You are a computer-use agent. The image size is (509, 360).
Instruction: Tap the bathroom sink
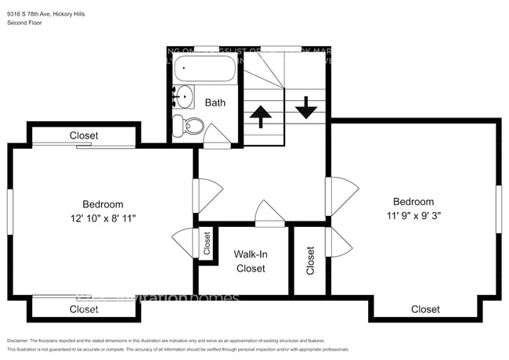(184, 98)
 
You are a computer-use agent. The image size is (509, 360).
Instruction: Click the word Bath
(215, 103)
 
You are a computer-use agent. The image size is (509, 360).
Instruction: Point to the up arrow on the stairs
(259, 116)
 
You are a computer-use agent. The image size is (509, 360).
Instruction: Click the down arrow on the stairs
(305, 107)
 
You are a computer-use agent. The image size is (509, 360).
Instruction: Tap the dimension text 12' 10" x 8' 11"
(103, 218)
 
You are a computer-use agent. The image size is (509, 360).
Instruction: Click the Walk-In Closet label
(250, 261)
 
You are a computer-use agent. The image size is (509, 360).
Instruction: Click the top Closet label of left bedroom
(84, 135)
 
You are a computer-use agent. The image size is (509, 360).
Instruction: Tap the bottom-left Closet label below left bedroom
(84, 309)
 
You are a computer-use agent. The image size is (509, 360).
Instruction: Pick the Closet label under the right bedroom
(425, 309)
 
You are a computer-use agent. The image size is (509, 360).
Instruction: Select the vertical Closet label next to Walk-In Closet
(310, 261)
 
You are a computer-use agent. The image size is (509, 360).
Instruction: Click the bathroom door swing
(216, 136)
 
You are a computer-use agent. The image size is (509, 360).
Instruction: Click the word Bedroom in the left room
(103, 204)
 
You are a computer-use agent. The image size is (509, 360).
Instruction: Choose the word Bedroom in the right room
(413, 201)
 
